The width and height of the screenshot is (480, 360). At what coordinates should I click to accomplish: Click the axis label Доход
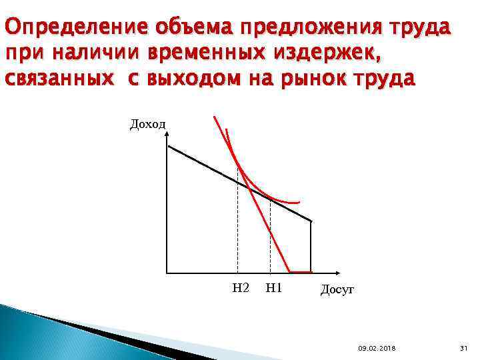click(x=147, y=125)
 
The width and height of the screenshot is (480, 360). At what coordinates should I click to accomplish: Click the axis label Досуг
click(x=337, y=289)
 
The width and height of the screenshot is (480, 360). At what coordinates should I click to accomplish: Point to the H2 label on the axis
click(x=241, y=288)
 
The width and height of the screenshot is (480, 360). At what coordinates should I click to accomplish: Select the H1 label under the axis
click(x=274, y=288)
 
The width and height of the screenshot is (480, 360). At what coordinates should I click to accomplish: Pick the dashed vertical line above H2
click(x=238, y=227)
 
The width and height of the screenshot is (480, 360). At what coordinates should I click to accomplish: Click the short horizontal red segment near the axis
click(x=301, y=271)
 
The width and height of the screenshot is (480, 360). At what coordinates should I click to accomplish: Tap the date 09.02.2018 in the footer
click(x=377, y=349)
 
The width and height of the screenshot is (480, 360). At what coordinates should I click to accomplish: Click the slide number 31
click(x=465, y=349)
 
